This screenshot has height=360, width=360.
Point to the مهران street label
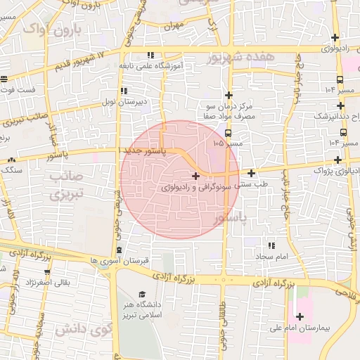173,26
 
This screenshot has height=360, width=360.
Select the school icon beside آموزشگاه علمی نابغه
150,55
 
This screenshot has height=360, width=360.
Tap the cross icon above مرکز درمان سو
228,95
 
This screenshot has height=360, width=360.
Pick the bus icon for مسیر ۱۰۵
228,131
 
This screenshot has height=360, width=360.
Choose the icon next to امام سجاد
271,246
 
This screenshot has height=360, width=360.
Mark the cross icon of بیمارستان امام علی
300,316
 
